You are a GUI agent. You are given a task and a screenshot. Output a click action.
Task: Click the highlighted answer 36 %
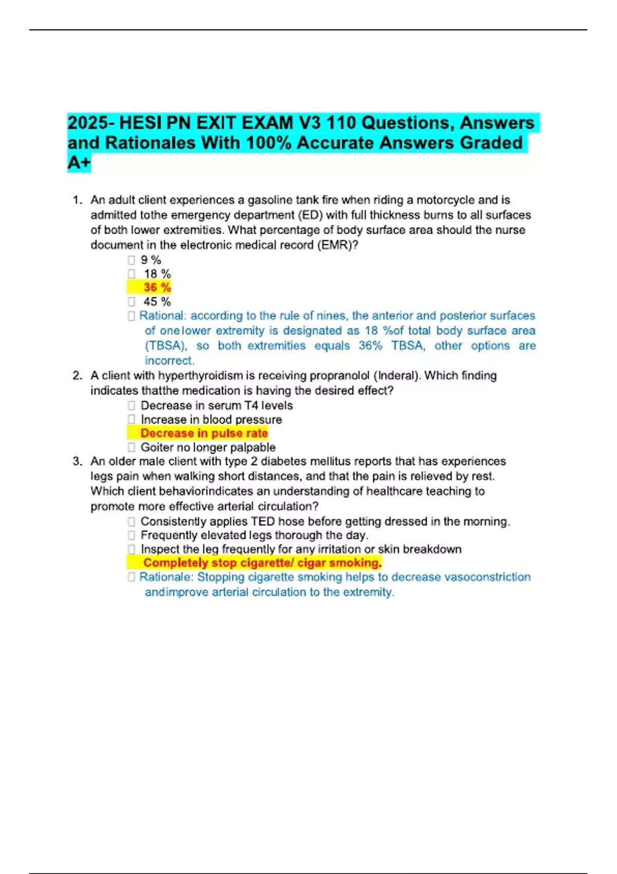157,287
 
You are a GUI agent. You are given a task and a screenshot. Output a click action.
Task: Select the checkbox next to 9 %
132,260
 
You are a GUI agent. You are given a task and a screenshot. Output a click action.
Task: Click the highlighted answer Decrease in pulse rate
204,433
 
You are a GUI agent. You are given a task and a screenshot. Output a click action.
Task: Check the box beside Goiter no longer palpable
132,447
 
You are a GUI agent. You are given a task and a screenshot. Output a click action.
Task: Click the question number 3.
77,461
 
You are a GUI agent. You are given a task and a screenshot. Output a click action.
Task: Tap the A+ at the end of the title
79,162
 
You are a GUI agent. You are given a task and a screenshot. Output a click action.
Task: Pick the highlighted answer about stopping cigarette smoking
262,563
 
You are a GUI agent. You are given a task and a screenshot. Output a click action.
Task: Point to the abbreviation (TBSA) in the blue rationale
165,345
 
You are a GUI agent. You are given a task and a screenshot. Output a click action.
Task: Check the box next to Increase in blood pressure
132,420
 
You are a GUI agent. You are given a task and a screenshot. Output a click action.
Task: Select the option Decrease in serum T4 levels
216,406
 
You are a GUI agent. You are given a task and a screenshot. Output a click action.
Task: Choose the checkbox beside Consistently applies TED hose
132,521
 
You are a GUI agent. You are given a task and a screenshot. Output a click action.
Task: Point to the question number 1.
77,200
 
